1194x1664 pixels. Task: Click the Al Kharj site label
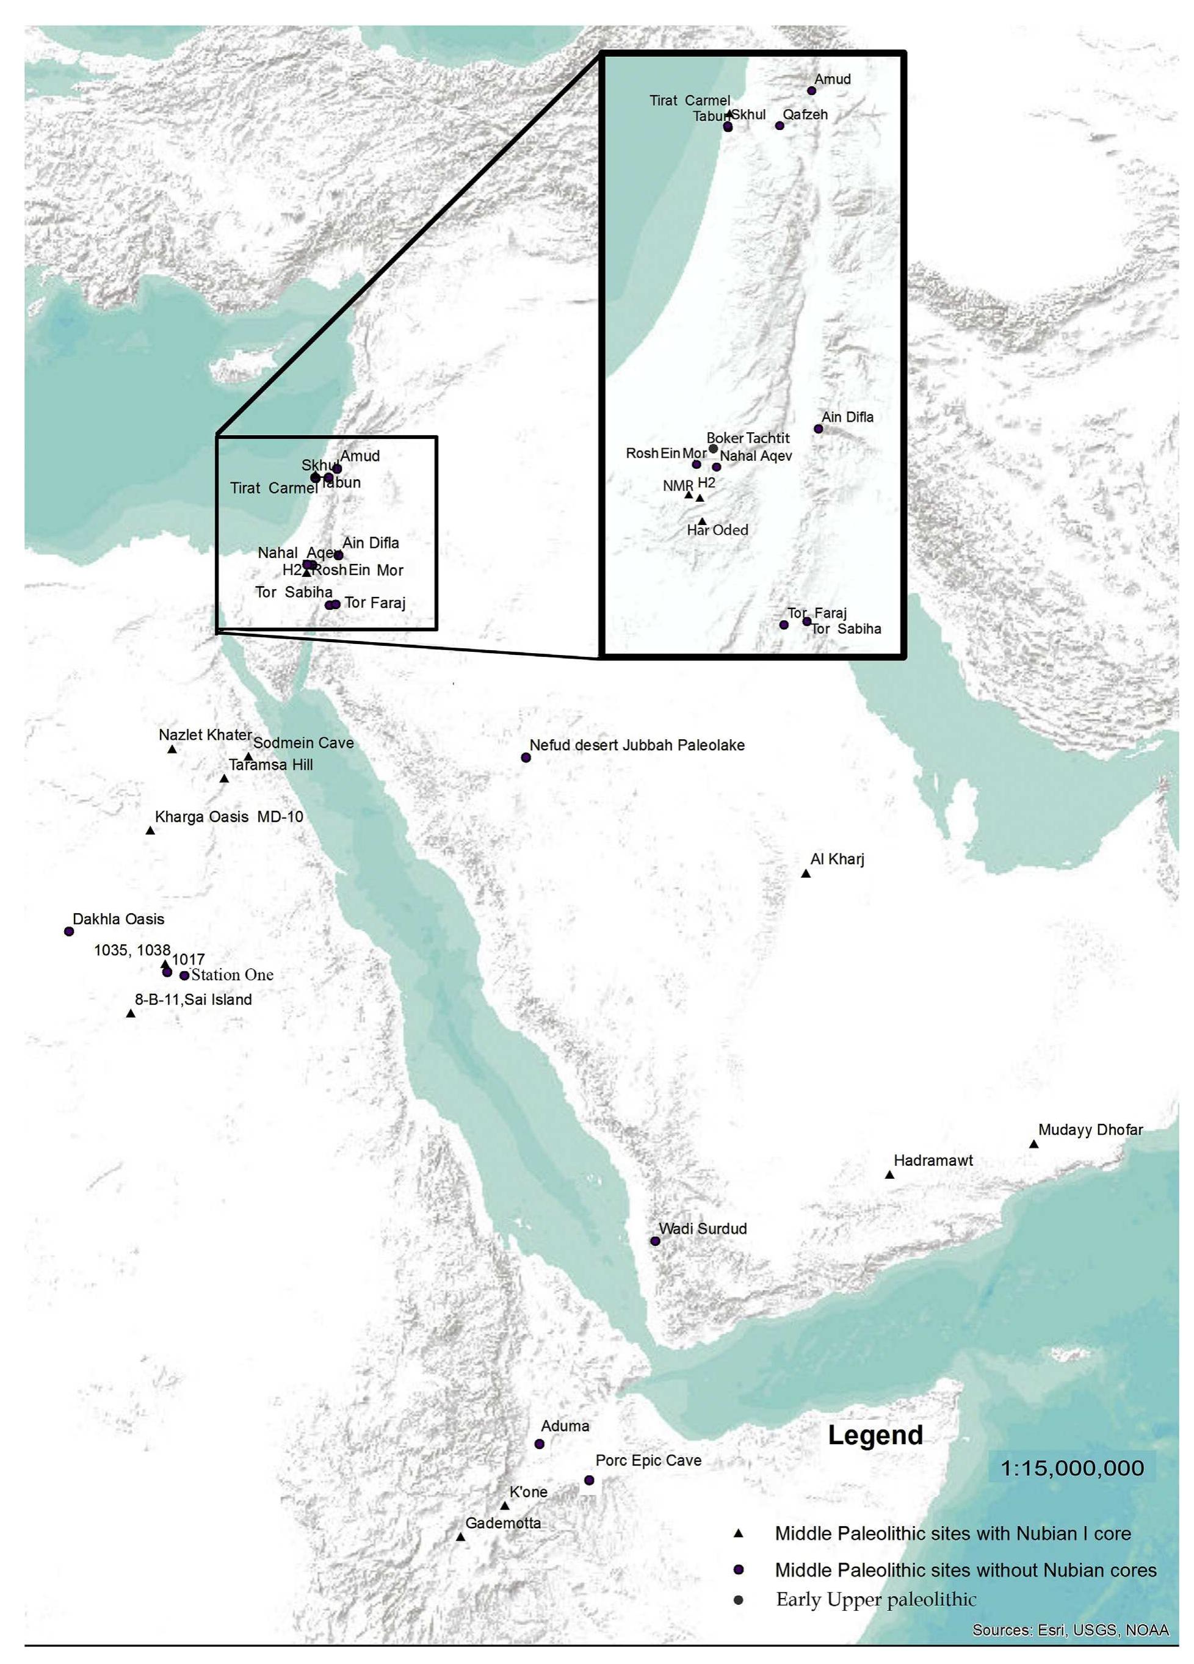pos(837,858)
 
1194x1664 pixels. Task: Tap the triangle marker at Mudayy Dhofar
pos(1033,1145)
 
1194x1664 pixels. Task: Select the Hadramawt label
pos(933,1160)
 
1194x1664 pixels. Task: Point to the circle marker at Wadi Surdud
pos(656,1242)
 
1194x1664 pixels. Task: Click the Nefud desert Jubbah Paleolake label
pos(637,745)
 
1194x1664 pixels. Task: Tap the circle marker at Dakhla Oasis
pos(69,931)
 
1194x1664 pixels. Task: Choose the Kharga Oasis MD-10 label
pos(229,817)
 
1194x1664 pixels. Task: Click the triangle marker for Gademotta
pos(460,1537)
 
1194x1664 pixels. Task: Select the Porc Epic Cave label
pos(648,1460)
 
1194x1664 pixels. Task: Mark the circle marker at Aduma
pos(540,1444)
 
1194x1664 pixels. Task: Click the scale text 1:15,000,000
pos(1072,1468)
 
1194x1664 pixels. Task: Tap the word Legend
pos(875,1435)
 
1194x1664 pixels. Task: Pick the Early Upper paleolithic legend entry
pos(876,1599)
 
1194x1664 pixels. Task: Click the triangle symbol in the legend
pos(739,1533)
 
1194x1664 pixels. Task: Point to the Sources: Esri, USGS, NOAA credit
pos(1070,1630)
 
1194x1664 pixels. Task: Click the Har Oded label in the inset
pos(717,530)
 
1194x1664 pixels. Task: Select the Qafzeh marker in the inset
pos(780,126)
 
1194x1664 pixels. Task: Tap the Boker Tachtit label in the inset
pos(748,438)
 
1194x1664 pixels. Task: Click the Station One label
pos(232,975)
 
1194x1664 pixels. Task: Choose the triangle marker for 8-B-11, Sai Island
pos(131,1014)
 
